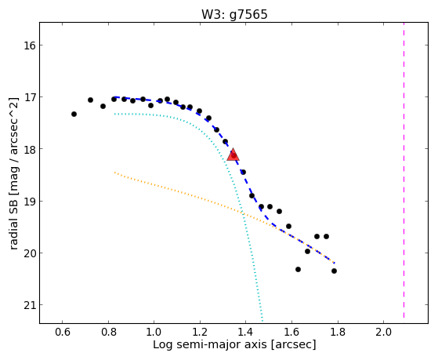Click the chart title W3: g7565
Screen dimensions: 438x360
(x=234, y=15)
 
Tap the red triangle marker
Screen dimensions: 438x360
(x=233, y=155)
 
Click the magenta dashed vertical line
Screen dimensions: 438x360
(x=404, y=170)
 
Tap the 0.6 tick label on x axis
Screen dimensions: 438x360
(x=63, y=333)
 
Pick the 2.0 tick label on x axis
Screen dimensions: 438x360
(x=383, y=333)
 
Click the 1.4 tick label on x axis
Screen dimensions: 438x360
(x=246, y=333)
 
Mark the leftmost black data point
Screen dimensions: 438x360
(x=74, y=115)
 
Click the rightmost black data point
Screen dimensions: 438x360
(x=334, y=271)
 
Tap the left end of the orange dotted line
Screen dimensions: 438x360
(x=114, y=173)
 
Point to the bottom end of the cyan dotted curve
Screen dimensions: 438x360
(x=262, y=321)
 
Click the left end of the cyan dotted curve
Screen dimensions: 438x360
(x=114, y=114)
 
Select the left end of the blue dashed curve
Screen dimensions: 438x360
(x=114, y=97)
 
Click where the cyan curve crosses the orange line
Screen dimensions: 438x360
(x=243, y=213)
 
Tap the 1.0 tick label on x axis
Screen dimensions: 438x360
(x=154, y=333)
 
